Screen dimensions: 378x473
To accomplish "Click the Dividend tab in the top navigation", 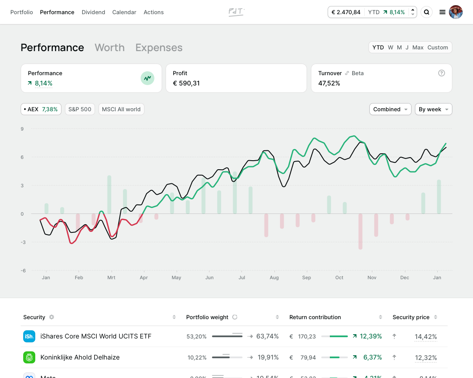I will click(x=93, y=12).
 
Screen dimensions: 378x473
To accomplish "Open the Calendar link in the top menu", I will click(x=124, y=12).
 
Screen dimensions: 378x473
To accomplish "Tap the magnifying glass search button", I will click(x=427, y=12).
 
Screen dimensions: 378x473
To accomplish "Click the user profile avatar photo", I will click(x=456, y=12).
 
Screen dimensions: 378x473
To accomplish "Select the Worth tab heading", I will click(x=110, y=48).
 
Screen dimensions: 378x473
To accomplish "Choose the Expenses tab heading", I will click(x=159, y=48).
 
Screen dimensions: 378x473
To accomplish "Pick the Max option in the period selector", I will click(x=418, y=48).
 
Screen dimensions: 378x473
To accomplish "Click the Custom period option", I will click(x=437, y=48).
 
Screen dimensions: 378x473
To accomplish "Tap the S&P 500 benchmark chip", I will click(x=80, y=110).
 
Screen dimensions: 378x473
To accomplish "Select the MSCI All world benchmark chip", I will click(x=121, y=110).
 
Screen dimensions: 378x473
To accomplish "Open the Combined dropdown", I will click(x=390, y=110).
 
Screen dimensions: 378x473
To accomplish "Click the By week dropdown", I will click(x=433, y=110).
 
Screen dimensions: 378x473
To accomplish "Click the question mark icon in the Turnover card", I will click(x=441, y=73).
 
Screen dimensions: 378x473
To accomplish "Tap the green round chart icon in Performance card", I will click(x=147, y=78).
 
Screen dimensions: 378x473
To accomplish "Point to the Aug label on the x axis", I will click(x=274, y=278).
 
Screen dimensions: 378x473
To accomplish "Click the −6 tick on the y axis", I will click(x=22, y=271).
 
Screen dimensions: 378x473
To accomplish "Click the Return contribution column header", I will click(x=315, y=317).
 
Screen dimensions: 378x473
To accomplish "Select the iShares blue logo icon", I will click(x=29, y=336).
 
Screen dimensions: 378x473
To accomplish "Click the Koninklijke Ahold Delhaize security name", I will click(x=80, y=357).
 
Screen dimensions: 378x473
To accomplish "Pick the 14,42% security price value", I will click(x=426, y=337).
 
